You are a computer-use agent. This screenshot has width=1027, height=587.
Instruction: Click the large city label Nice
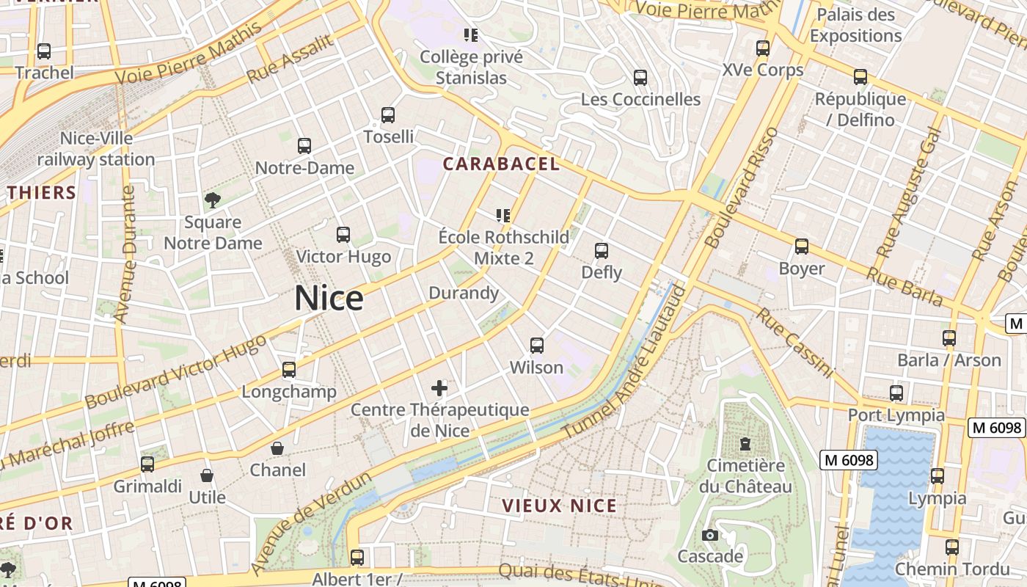coord(329,299)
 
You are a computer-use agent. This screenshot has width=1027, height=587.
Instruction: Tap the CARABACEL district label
coord(501,164)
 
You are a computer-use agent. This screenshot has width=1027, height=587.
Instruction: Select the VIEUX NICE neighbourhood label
coord(560,506)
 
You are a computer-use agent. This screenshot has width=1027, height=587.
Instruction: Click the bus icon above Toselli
coord(388,115)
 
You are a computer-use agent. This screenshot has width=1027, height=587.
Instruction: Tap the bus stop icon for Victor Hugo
coord(343,235)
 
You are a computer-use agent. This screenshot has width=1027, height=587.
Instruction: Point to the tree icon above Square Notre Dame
coord(213,200)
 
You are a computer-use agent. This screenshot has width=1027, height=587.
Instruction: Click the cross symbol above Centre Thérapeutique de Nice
coord(439,388)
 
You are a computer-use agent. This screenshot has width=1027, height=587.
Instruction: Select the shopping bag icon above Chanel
coord(278,448)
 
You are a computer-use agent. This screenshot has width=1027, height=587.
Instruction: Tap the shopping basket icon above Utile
coord(207,475)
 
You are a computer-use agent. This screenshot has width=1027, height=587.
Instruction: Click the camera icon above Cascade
coord(709,535)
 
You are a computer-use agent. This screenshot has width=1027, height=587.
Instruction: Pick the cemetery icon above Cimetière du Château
coord(745,444)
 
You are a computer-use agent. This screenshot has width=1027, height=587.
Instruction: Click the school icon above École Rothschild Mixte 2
coord(502,216)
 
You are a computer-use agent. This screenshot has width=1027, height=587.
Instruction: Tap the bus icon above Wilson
coord(537,345)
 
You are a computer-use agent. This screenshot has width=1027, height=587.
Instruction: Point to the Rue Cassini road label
coord(795,343)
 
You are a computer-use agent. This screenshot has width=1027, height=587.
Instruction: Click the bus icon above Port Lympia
coord(896,393)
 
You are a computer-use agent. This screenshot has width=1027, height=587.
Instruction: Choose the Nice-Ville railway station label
coord(96,149)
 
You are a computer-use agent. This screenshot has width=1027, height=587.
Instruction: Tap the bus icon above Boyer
coord(802,247)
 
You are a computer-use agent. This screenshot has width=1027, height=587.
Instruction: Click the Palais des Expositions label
coord(855,25)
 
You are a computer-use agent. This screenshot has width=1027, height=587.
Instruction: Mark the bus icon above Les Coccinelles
coord(640,78)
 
